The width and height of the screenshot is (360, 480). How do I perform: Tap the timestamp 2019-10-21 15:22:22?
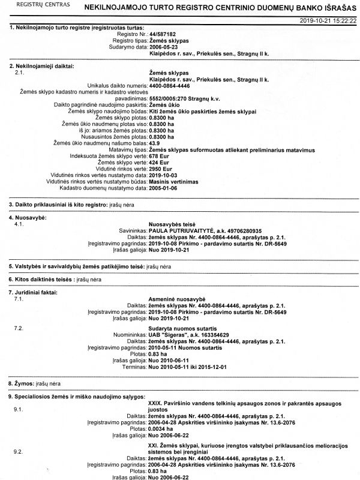point(329,20)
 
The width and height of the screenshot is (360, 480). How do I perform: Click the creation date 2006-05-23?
point(164,46)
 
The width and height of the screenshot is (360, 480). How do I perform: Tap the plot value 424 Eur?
point(158,162)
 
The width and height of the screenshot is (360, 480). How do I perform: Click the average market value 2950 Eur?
point(160,169)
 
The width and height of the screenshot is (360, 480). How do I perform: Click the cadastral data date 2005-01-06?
point(164,188)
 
